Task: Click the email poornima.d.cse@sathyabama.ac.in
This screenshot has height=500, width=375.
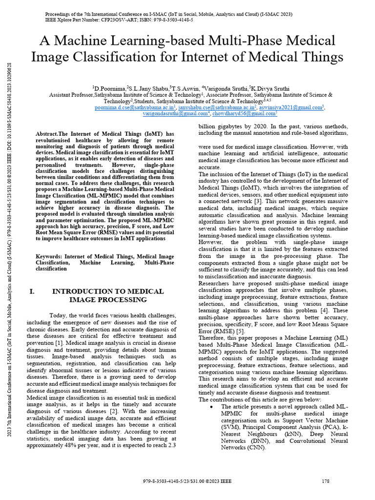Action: pos(135,107)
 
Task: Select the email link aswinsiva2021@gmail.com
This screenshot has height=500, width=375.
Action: pos(291,107)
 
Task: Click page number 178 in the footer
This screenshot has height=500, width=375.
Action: pos(326,481)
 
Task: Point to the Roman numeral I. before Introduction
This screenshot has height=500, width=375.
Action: pos(32,292)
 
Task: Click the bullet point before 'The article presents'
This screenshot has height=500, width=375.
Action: pos(210,406)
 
